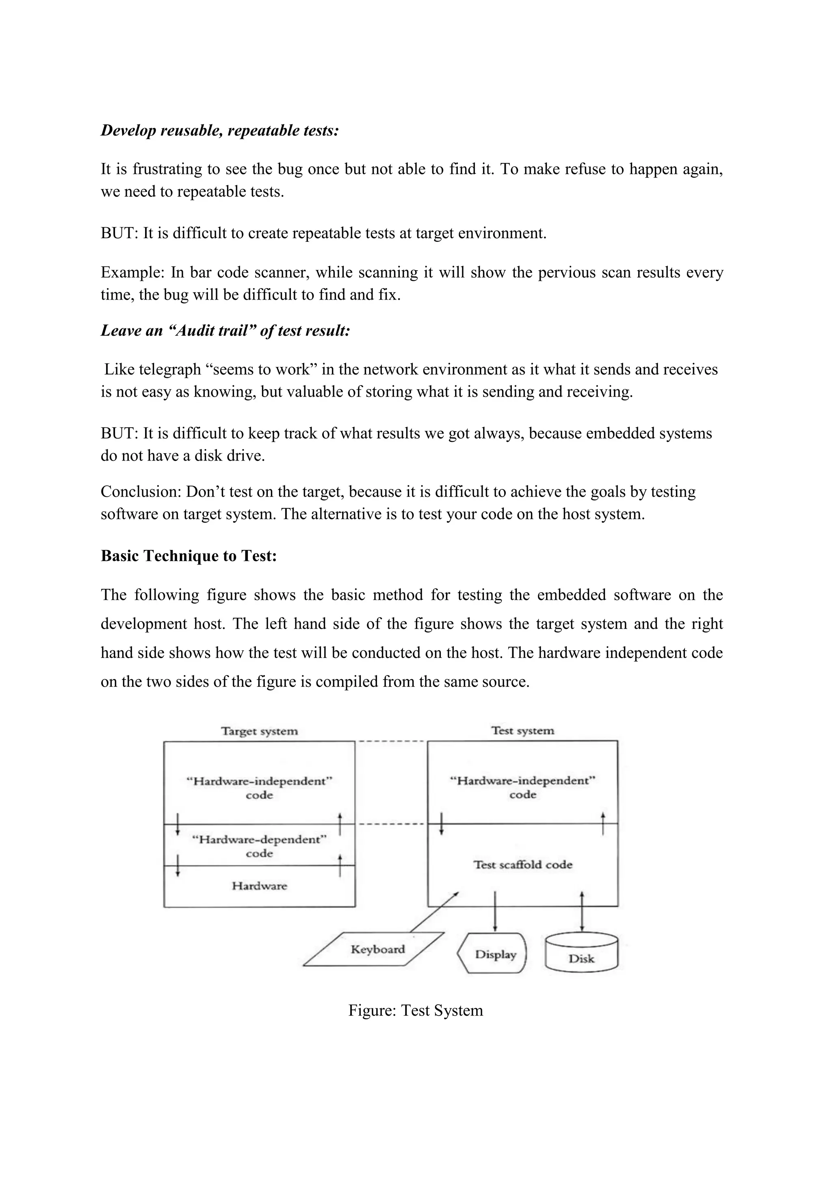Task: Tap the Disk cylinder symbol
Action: click(581, 954)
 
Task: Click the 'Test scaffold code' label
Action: click(522, 865)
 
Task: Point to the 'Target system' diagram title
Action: click(259, 731)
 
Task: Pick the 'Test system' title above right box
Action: click(522, 730)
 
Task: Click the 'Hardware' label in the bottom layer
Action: click(259, 886)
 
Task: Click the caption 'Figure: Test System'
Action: click(416, 1010)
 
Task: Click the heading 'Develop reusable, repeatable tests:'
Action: click(220, 130)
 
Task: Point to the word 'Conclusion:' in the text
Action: click(141, 492)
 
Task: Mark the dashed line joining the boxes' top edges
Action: click(391, 741)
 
